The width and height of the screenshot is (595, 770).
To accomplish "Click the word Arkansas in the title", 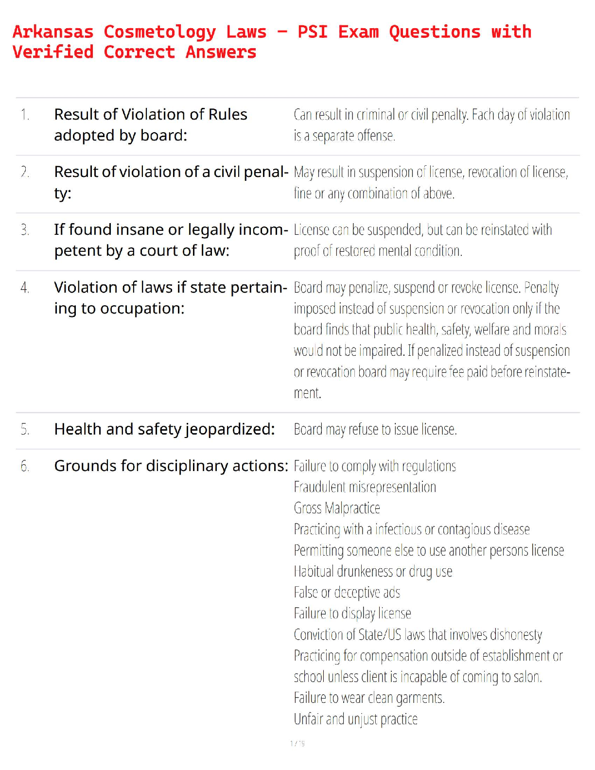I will [x=53, y=32].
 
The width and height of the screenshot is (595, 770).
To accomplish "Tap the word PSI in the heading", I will [x=313, y=32].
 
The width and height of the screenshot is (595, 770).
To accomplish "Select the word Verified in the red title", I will [x=53, y=52].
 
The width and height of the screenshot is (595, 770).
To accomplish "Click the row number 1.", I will [x=25, y=115].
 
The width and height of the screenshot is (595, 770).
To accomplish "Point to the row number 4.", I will [x=25, y=288].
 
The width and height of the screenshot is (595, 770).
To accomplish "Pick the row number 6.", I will [x=25, y=466].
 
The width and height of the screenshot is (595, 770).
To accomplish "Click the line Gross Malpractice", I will [x=337, y=508].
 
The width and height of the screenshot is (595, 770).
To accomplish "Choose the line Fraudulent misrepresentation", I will [x=365, y=487].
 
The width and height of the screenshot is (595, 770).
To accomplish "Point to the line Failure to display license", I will [x=352, y=613].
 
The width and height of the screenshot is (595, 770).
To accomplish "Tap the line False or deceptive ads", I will [x=347, y=593].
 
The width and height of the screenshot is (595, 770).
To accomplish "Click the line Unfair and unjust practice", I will [x=355, y=719].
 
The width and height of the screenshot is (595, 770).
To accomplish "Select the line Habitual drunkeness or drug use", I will [x=373, y=572].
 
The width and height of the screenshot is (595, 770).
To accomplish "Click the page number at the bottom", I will [x=297, y=743].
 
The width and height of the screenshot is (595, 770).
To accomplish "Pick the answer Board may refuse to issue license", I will [x=375, y=430].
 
